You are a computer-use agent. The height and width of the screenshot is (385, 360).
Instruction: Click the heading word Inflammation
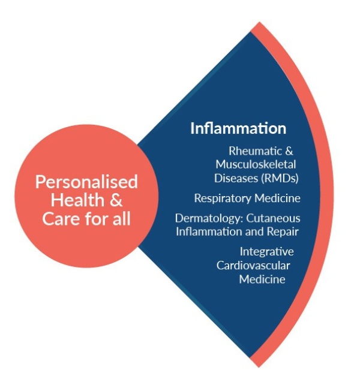[x=238, y=128]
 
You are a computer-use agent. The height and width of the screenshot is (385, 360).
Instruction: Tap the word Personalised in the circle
[x=86, y=182]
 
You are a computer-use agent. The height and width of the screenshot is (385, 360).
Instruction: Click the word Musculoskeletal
[x=256, y=164]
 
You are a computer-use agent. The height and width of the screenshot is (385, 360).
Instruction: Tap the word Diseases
[x=233, y=178]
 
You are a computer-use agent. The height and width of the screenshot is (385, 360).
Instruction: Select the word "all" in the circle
[x=119, y=218]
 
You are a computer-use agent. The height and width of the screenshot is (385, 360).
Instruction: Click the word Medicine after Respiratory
[x=279, y=198]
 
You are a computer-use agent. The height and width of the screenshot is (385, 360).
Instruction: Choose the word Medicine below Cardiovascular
[x=262, y=279]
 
